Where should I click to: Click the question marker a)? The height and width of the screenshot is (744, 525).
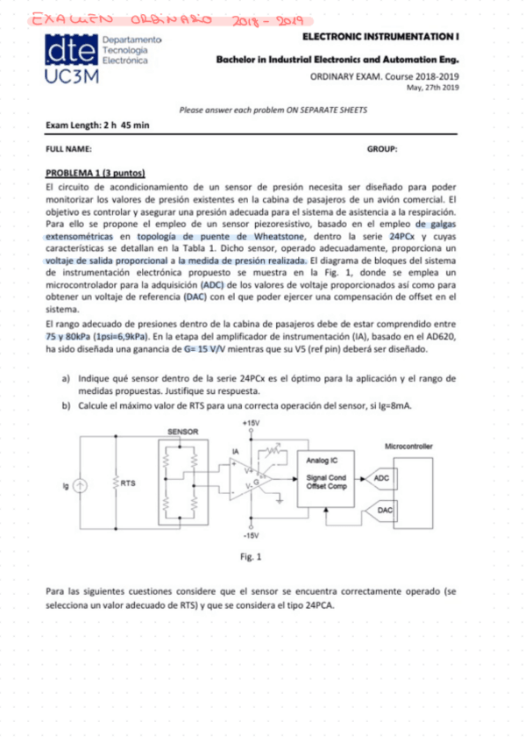66,377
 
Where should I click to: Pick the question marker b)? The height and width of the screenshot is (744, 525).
66,406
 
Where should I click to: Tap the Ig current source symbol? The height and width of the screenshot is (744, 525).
81,485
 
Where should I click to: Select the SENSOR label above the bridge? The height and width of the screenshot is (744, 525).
182,432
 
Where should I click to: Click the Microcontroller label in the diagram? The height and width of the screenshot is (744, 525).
408,447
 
